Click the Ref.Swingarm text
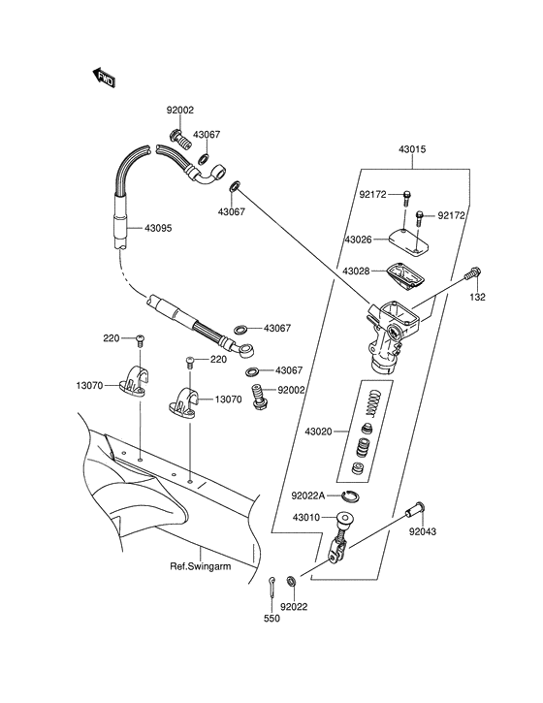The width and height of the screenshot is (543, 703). [201, 567]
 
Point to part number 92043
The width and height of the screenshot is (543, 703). [422, 532]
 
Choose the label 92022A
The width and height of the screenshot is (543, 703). [309, 495]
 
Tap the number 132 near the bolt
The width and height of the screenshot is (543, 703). [477, 297]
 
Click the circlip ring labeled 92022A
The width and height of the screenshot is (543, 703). [354, 497]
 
